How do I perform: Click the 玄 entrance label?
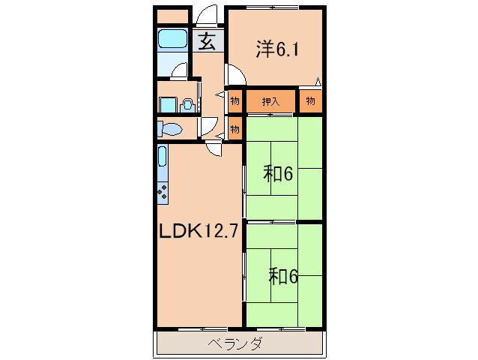point(208,41)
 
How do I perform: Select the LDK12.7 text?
point(199,231)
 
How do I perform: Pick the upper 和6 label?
point(276,174)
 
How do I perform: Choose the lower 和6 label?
point(283,276)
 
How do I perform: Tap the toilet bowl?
point(171,129)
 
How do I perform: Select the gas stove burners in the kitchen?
point(163,190)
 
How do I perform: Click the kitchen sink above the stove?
point(162,158)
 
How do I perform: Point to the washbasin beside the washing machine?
point(187,105)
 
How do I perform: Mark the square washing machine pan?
point(168,105)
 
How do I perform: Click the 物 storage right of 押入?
point(310,100)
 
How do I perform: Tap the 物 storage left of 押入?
point(235,100)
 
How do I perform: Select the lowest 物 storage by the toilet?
point(235,129)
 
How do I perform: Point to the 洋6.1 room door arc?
point(234,75)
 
